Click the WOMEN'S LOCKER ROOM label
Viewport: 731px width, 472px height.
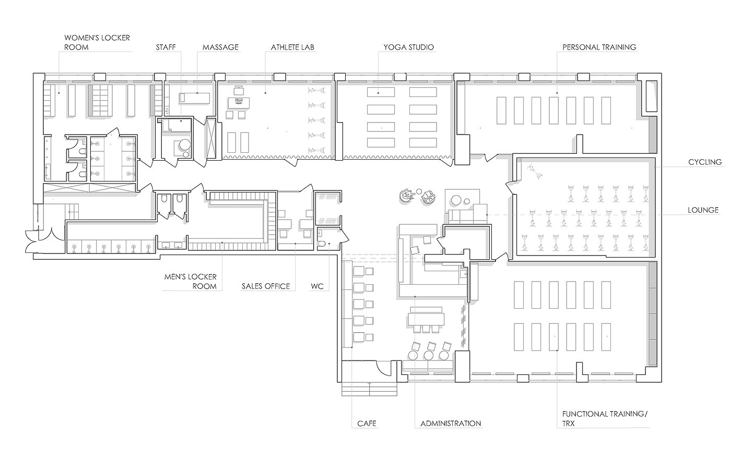[x=97, y=42]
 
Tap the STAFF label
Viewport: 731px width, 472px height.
[x=166, y=47]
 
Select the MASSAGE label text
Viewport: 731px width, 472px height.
[x=220, y=47]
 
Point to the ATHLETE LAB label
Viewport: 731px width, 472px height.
[x=292, y=47]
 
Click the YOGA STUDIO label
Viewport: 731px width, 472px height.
[x=408, y=47]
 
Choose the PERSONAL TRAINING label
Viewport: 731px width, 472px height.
[x=599, y=47]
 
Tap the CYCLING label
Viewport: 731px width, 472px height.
[x=705, y=162]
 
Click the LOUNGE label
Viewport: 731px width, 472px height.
[x=703, y=210]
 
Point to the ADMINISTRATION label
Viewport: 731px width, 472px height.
[x=451, y=423]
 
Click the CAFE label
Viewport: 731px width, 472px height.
[x=367, y=423]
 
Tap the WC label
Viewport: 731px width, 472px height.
[x=317, y=286]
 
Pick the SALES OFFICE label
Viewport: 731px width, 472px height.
[x=265, y=286]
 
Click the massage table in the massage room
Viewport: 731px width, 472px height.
[x=194, y=97]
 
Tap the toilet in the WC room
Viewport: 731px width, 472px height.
[x=323, y=244]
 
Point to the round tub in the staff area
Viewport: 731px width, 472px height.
[x=184, y=146]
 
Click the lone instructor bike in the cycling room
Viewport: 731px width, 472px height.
[x=534, y=169]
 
